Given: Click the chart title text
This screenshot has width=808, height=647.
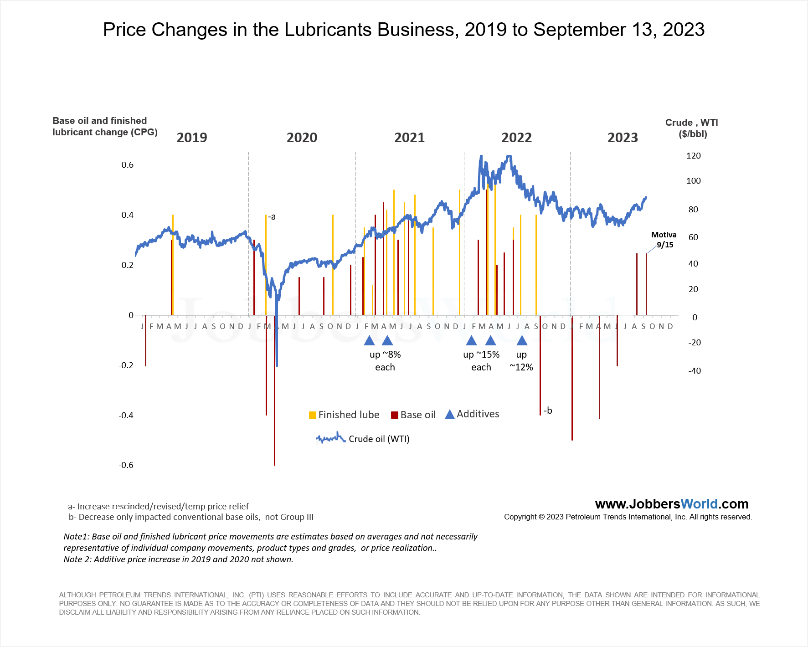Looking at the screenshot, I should click(x=403, y=30).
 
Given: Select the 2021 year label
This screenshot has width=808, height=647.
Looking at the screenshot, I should click(x=409, y=138).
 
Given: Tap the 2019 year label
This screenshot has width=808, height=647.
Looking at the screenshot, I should click(x=191, y=138).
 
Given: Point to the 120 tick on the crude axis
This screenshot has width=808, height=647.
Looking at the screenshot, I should click(x=693, y=156).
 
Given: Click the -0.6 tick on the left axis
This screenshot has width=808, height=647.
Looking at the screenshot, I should click(x=126, y=465).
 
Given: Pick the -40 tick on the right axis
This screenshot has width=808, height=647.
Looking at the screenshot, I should click(x=694, y=371).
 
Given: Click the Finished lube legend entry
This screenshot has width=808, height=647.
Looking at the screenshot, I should click(x=344, y=415).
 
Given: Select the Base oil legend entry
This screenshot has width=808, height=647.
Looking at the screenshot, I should click(x=413, y=415).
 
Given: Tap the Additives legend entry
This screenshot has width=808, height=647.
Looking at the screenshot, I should click(x=472, y=414).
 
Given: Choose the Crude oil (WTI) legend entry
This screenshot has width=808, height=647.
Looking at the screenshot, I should click(x=363, y=439).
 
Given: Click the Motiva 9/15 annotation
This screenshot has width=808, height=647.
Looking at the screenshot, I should click(x=664, y=240).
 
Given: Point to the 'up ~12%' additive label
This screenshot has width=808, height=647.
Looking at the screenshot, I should click(x=521, y=361).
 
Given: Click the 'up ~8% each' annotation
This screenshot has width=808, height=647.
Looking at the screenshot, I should click(x=385, y=361).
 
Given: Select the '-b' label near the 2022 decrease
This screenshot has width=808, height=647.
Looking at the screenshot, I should click(x=548, y=411).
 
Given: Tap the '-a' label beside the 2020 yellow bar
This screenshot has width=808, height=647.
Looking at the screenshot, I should click(x=272, y=217).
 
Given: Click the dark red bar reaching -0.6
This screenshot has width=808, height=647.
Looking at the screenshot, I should click(x=274, y=410).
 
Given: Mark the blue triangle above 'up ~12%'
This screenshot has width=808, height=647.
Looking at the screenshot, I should click(x=522, y=340).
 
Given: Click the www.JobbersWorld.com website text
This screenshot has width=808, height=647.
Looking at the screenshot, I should click(x=671, y=504).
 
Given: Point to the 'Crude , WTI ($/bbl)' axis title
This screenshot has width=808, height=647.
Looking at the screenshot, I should click(x=692, y=128).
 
